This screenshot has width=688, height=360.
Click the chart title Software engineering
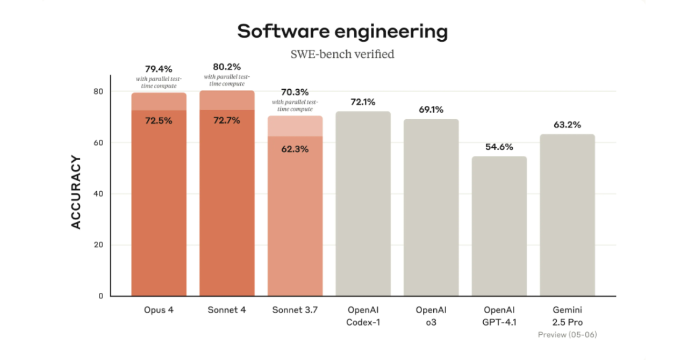coord(342,32)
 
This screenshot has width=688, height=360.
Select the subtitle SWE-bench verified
coord(342,54)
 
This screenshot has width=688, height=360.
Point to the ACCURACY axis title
coord(76,192)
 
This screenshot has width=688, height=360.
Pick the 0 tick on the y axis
coord(101,296)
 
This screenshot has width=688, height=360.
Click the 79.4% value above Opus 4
coord(159,69)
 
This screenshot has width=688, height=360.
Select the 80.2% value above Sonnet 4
coord(226,67)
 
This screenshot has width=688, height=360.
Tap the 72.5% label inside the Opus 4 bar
coord(159,121)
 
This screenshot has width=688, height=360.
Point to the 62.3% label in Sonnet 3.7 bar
coord(295,149)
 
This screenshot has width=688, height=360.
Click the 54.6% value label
coord(499,147)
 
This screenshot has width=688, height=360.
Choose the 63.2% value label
coord(567,125)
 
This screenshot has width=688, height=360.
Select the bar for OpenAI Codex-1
coord(363,204)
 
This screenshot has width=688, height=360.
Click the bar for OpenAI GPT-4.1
coord(499,226)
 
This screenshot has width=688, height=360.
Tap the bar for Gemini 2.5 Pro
coord(567,215)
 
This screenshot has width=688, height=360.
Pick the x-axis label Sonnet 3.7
coord(295,311)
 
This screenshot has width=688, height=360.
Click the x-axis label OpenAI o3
coord(431,316)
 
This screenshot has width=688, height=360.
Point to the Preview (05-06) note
coord(567,334)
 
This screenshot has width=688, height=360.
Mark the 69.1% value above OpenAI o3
coord(431,110)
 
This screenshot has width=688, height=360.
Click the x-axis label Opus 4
coord(159,311)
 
